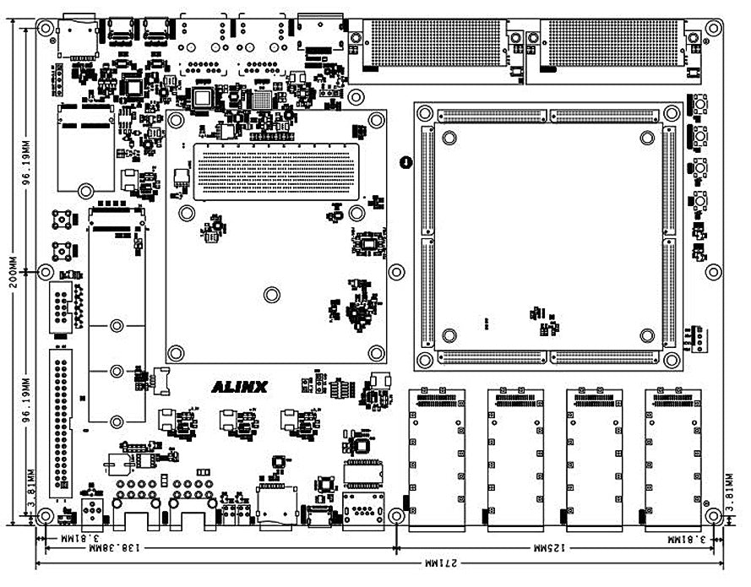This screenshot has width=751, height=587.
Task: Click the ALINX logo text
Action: point(239,388)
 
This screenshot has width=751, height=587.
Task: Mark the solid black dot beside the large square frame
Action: point(405,161)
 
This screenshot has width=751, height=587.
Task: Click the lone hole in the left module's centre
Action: point(271,295)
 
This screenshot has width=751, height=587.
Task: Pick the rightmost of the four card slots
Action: point(672,456)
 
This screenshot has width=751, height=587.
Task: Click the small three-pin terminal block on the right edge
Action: point(694,336)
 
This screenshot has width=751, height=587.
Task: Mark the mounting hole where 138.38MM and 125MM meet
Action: point(397,516)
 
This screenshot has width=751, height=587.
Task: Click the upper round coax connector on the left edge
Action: point(62,221)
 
